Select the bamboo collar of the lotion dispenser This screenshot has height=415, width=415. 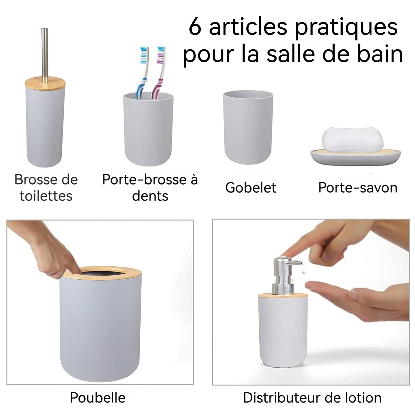(283, 295)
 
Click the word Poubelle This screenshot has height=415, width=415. (98, 398)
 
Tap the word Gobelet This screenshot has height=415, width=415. (251, 188)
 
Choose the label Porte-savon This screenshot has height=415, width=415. (358, 188)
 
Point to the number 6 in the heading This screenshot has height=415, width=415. (195, 27)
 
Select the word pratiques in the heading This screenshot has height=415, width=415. (346, 29)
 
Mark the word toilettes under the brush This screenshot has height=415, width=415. (46, 196)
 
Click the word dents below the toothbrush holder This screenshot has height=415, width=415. (150, 196)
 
